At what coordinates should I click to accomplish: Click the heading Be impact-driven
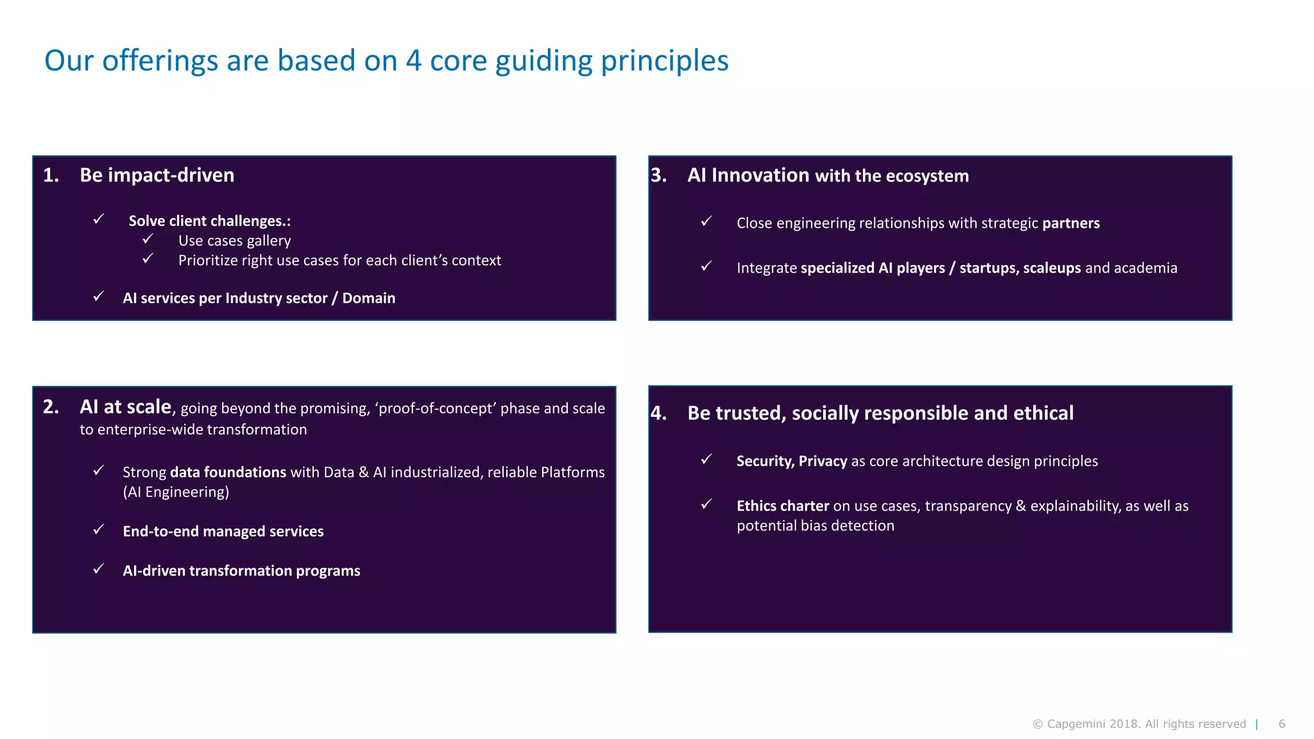[x=157, y=175]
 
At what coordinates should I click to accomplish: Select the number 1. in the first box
[x=51, y=175]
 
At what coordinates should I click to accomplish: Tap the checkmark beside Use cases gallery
[x=148, y=239]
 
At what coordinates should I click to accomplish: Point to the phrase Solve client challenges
[x=209, y=221]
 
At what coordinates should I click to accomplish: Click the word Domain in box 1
[x=368, y=298]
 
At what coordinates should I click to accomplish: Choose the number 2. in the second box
[x=51, y=407]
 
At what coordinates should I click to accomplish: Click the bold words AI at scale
[x=126, y=407]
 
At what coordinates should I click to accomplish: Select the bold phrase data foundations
[x=228, y=472]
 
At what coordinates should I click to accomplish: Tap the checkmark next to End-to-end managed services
[x=99, y=530]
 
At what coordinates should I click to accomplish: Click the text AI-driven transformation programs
[x=241, y=571]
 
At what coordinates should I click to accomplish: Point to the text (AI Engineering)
[x=176, y=492]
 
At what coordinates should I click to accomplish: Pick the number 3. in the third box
[x=659, y=175]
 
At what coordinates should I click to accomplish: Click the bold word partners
[x=1071, y=223]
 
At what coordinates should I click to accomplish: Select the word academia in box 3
[x=1145, y=268]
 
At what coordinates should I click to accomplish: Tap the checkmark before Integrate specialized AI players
[x=706, y=266]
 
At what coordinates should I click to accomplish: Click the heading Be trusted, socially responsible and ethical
[x=880, y=413]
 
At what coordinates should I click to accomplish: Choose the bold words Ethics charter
[x=783, y=506]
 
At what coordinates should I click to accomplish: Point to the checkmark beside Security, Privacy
[x=706, y=459]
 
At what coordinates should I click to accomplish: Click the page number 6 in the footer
[x=1281, y=724]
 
